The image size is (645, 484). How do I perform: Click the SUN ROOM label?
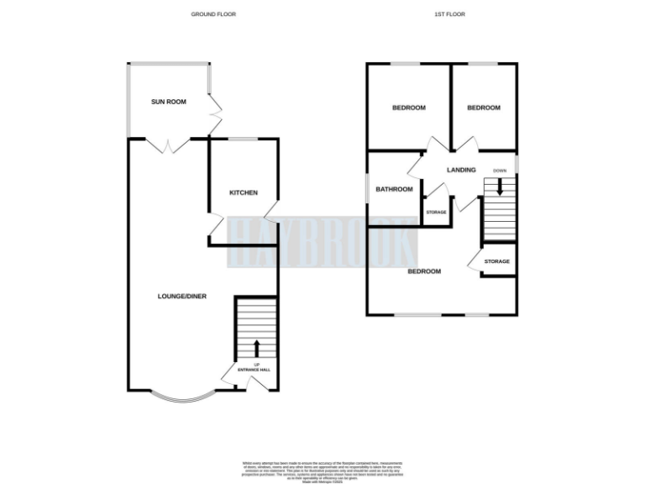pyautogui.click(x=168, y=102)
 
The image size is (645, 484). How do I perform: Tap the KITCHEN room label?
pyautogui.click(x=244, y=193)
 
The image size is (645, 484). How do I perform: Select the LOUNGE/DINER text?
pyautogui.click(x=182, y=296)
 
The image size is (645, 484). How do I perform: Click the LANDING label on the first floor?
pyautogui.click(x=461, y=170)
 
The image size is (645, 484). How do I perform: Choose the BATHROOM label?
pyautogui.click(x=394, y=189)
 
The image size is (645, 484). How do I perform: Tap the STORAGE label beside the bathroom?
pyautogui.click(x=436, y=212)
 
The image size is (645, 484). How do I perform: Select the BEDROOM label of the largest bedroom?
pyautogui.click(x=424, y=271)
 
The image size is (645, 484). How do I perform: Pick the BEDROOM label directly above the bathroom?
pyautogui.click(x=409, y=108)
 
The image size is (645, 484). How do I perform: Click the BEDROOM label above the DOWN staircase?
pyautogui.click(x=484, y=108)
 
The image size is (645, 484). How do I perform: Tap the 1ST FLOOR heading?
pyautogui.click(x=450, y=14)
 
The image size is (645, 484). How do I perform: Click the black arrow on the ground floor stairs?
pyautogui.click(x=256, y=348)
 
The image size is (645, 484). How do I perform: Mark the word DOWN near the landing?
pyautogui.click(x=500, y=170)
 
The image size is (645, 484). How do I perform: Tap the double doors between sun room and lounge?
pyautogui.click(x=170, y=145)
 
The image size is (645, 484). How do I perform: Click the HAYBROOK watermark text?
pyautogui.click(x=322, y=242)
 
